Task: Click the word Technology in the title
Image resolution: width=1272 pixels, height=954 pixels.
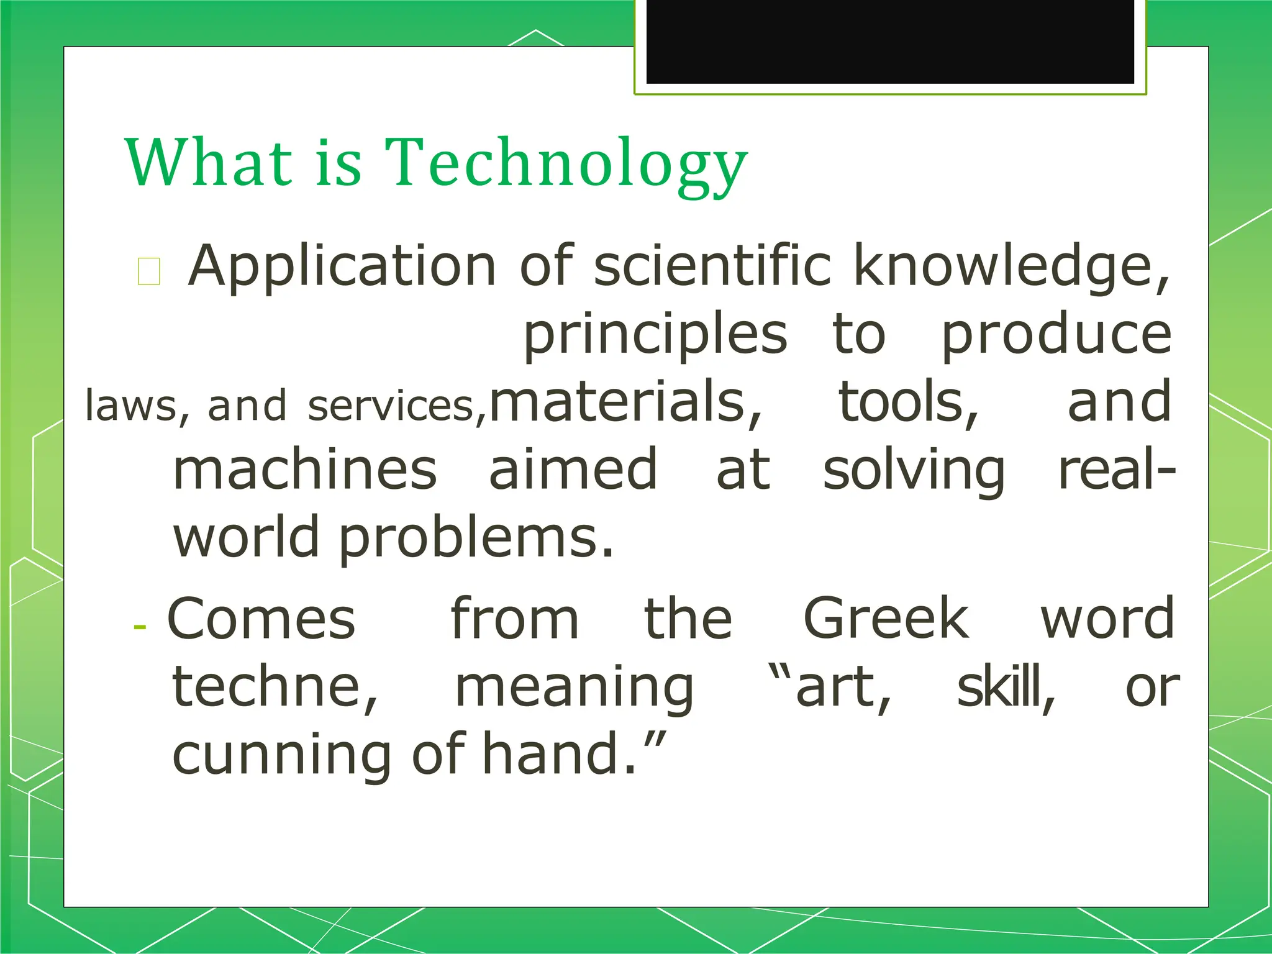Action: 566,163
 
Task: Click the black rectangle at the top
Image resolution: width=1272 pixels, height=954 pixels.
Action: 890,41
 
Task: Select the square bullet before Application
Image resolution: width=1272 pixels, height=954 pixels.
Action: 149,271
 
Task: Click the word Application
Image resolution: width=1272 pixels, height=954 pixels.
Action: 342,267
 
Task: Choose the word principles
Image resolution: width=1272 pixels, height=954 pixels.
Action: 655,335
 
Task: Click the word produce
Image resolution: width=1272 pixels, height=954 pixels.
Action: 1056,335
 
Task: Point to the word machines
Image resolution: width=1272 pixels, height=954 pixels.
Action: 305,470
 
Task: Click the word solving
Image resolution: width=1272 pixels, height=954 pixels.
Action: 914,471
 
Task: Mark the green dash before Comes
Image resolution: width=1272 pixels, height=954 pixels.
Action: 140,627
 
